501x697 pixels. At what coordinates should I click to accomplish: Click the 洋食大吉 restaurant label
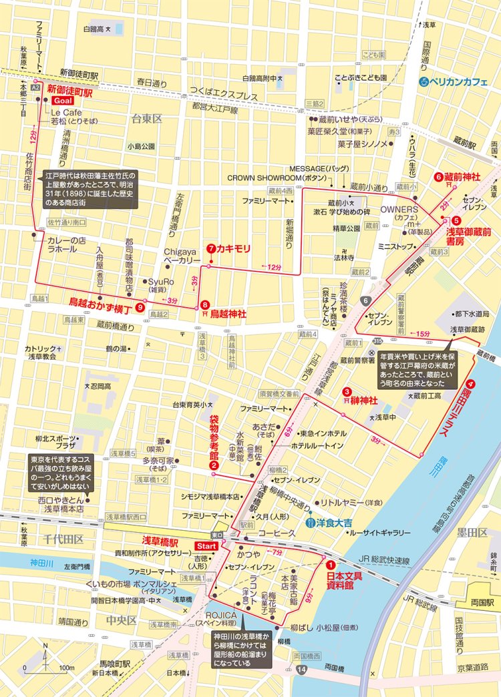click(x=329, y=523)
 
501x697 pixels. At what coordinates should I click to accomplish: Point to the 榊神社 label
click(x=364, y=400)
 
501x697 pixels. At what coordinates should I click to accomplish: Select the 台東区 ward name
click(x=147, y=118)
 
